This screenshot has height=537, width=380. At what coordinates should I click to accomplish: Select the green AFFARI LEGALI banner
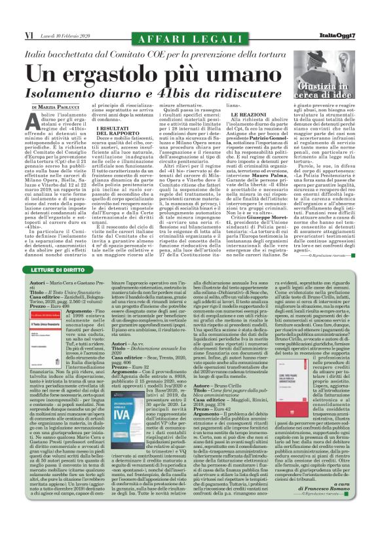(x=190, y=29)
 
